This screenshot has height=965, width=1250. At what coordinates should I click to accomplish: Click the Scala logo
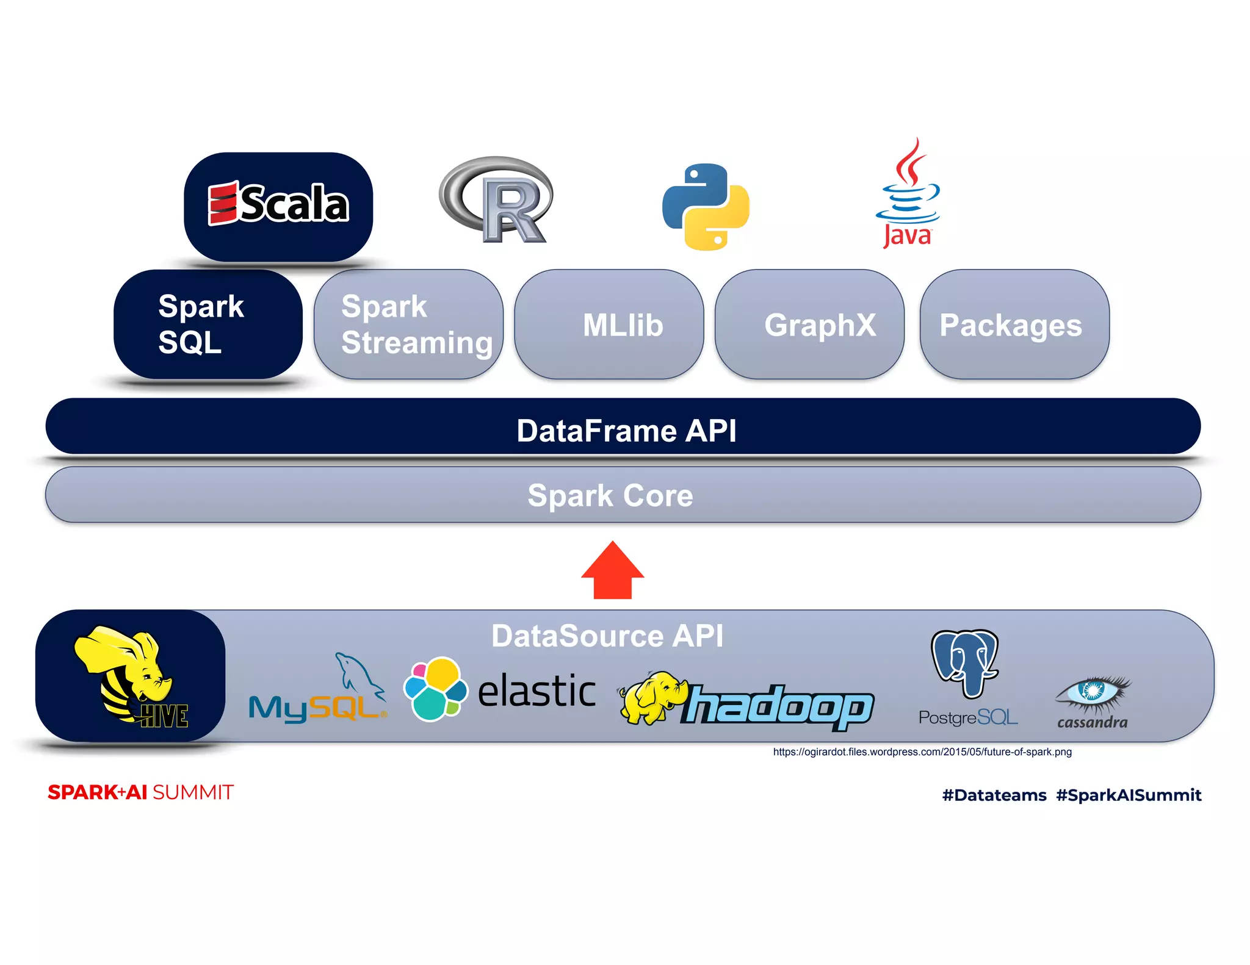[278, 204]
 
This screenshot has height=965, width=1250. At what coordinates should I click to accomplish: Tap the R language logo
[496, 200]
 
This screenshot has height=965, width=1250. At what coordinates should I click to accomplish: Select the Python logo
[706, 207]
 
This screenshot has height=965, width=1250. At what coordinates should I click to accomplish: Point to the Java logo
[908, 193]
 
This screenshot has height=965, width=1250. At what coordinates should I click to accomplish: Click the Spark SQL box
[208, 325]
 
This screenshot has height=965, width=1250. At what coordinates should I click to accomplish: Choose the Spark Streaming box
[409, 325]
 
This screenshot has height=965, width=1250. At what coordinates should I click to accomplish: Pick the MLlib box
[609, 325]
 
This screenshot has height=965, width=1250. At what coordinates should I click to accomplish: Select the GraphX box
[809, 325]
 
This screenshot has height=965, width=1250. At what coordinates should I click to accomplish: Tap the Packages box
[1014, 325]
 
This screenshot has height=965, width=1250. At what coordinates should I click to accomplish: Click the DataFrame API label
[626, 431]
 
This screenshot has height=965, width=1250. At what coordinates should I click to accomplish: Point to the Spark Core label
[610, 495]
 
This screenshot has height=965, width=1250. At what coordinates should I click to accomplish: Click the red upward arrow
[613, 570]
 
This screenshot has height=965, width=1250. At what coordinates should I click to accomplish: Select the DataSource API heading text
[607, 636]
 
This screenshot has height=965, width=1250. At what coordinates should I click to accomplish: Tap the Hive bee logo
[131, 676]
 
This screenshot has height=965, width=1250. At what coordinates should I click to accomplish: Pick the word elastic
[537, 691]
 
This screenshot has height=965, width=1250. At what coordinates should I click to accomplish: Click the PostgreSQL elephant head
[965, 664]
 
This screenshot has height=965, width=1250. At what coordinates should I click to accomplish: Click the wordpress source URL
[922, 752]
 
